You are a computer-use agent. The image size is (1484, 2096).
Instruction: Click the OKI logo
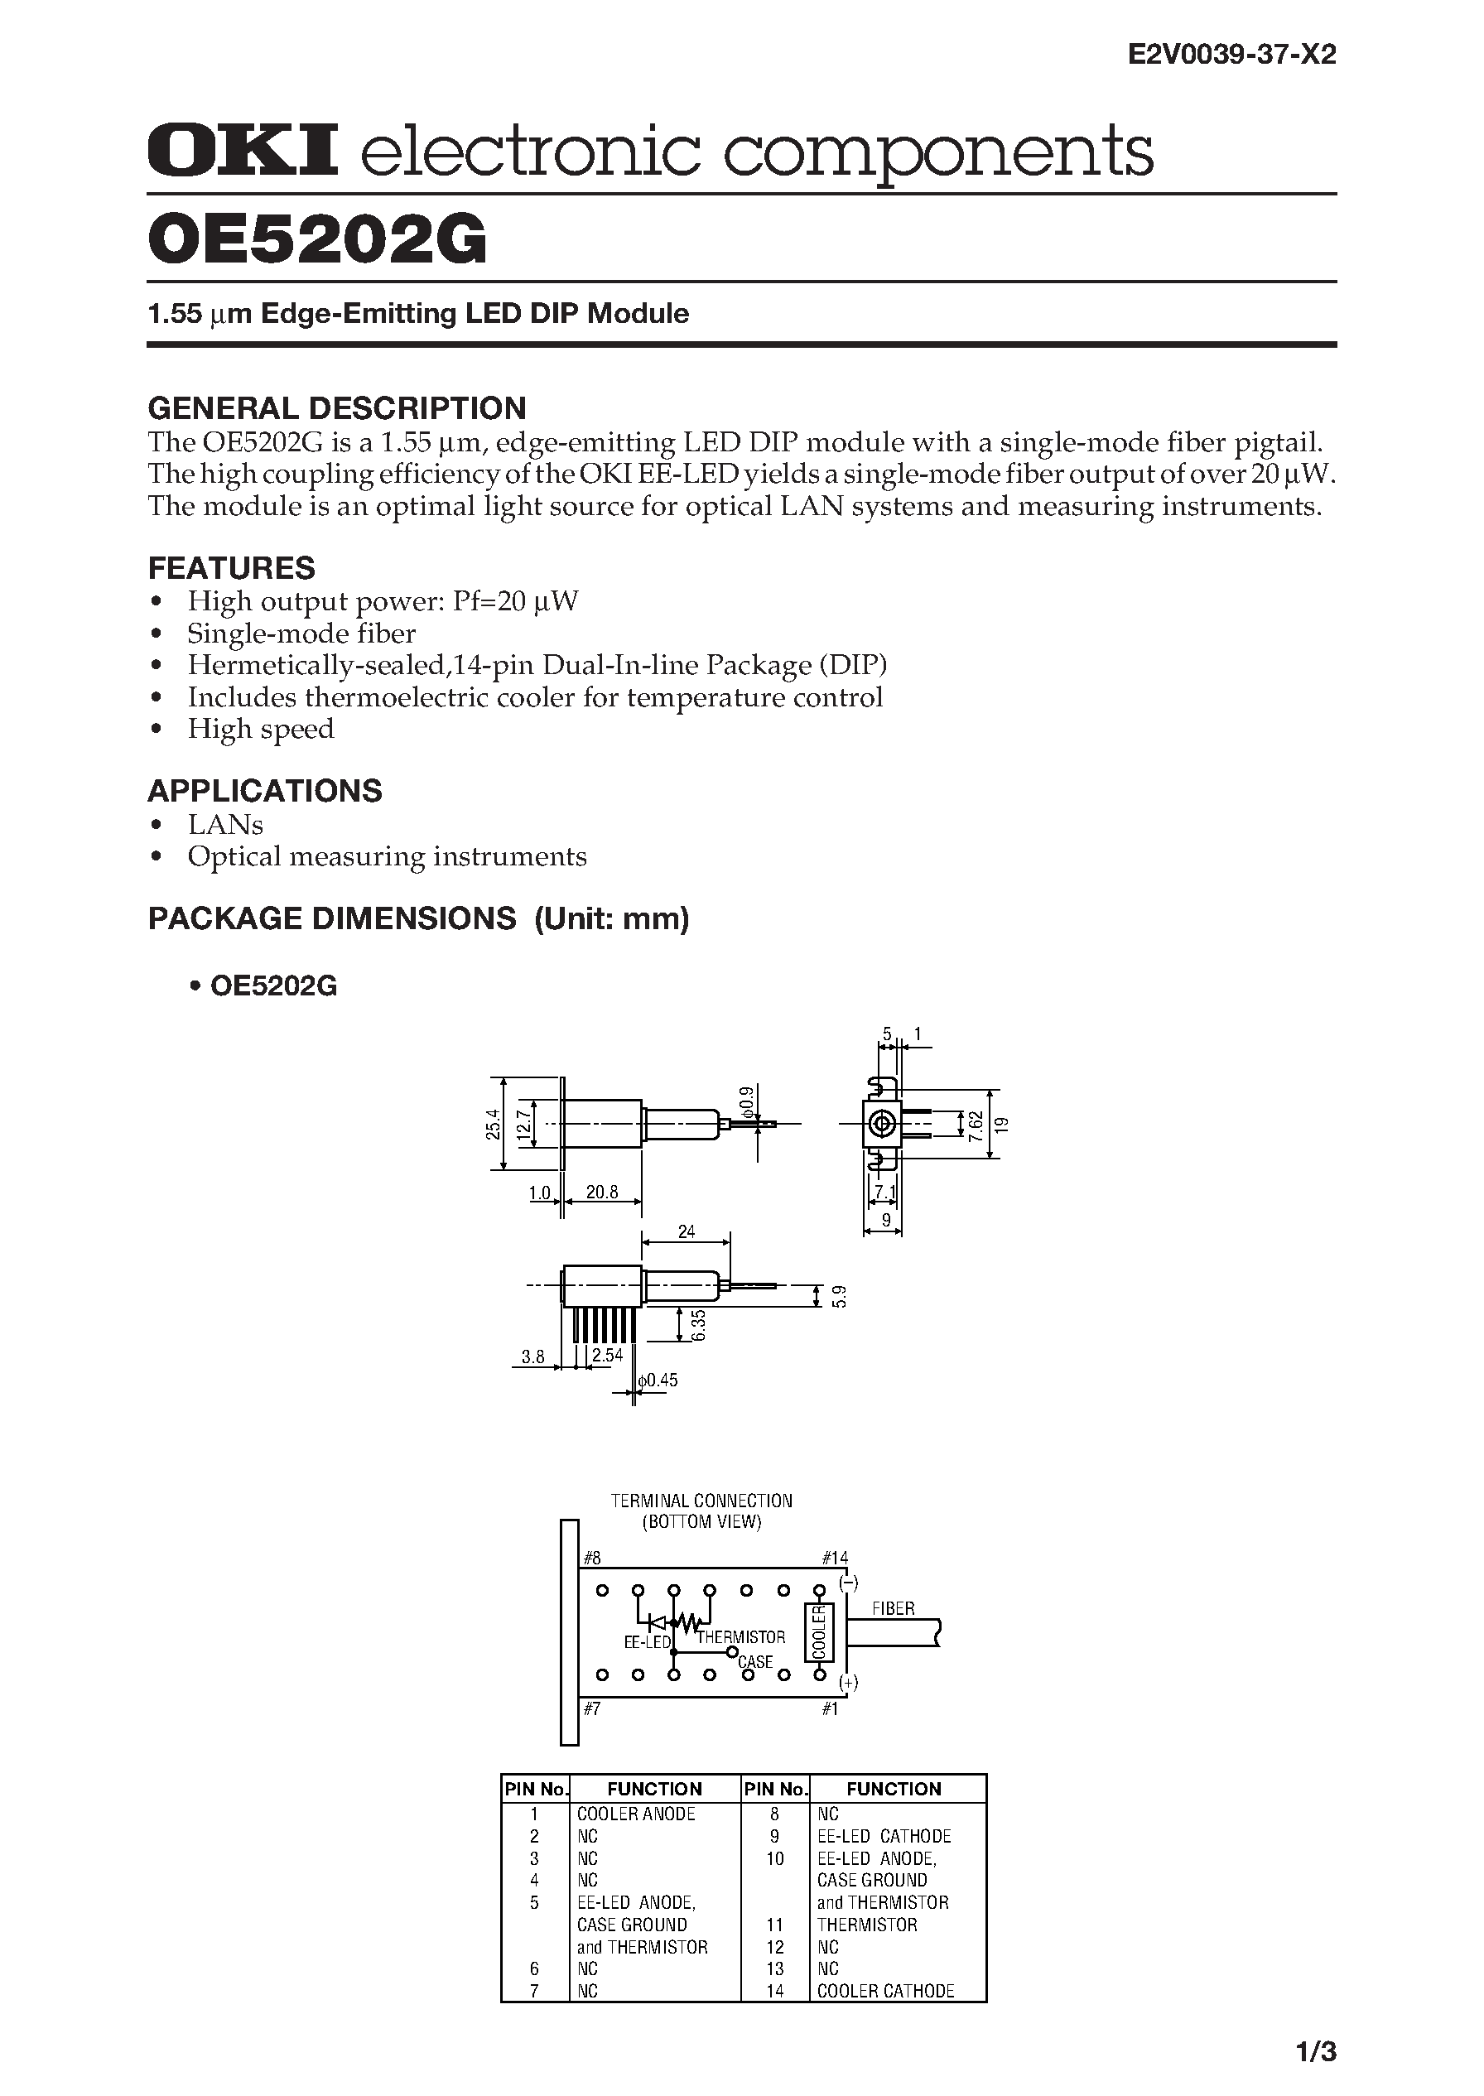[242, 151]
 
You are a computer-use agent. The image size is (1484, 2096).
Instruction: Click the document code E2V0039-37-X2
[1231, 55]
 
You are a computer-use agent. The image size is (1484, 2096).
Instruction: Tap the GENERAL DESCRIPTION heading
[337, 407]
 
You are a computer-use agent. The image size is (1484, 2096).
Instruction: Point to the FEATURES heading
[231, 567]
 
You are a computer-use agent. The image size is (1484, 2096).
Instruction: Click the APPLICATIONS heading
[265, 790]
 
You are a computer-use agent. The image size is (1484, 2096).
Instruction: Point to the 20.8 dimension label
[602, 1192]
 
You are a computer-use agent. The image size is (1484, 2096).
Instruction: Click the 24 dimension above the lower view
[687, 1231]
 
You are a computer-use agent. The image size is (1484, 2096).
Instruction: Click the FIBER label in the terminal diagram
[893, 1608]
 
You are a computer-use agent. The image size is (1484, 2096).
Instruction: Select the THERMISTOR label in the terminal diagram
[741, 1637]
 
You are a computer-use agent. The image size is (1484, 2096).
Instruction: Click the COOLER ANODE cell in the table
[636, 1814]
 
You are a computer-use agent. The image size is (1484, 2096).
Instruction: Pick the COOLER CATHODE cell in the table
[885, 1991]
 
